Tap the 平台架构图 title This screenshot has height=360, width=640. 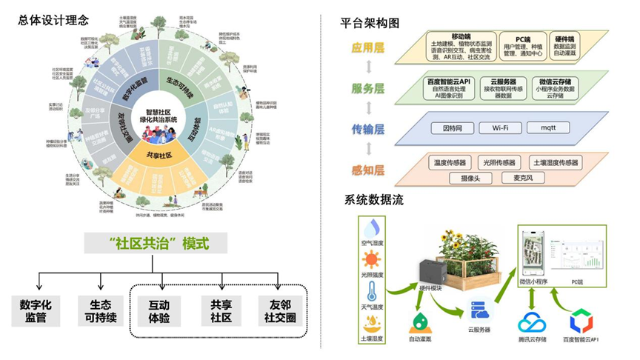point(372,23)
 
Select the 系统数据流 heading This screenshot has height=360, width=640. point(372,199)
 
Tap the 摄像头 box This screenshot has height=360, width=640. point(471,178)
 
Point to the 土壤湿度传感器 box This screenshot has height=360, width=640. point(556,162)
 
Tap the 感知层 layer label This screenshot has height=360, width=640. point(367,170)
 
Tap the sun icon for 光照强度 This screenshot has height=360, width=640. point(371,259)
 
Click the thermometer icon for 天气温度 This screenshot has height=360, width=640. point(371,291)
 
